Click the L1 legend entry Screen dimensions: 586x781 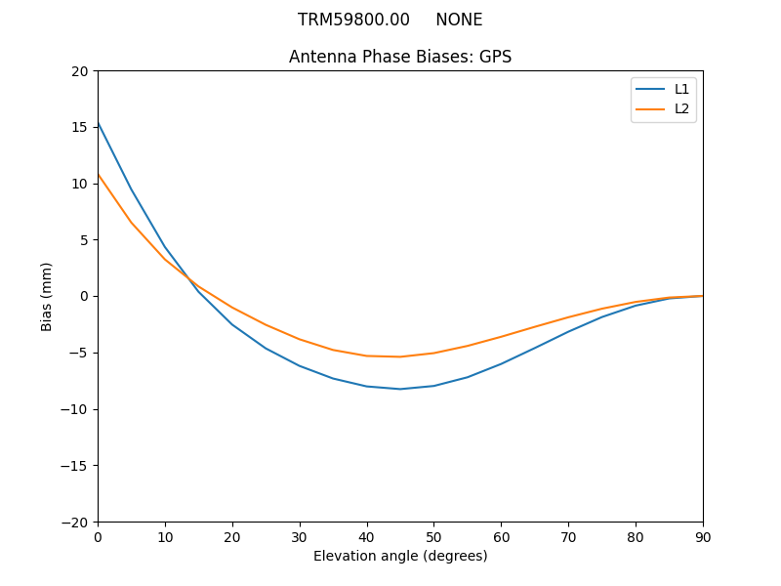click(681, 89)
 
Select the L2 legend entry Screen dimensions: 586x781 click(681, 108)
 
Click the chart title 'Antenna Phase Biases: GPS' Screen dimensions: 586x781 click(400, 57)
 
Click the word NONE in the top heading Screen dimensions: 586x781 click(459, 20)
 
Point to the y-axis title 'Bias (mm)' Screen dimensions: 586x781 click(47, 296)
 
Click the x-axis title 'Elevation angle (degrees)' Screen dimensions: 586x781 click(400, 556)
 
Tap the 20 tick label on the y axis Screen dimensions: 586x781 click(79, 71)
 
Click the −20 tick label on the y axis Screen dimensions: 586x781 click(73, 522)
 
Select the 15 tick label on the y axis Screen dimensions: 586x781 click(79, 127)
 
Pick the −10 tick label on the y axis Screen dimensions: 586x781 click(73, 409)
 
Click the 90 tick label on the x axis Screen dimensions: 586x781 click(703, 536)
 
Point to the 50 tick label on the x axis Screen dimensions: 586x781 click(433, 536)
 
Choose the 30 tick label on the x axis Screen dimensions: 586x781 click(300, 536)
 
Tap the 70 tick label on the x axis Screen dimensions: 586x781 click(568, 536)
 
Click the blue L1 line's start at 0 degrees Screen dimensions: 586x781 click(98, 123)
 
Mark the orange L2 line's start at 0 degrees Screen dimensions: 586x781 click(98, 174)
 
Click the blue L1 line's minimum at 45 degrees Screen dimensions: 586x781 click(400, 389)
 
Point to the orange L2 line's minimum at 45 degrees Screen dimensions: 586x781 click(400, 356)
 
